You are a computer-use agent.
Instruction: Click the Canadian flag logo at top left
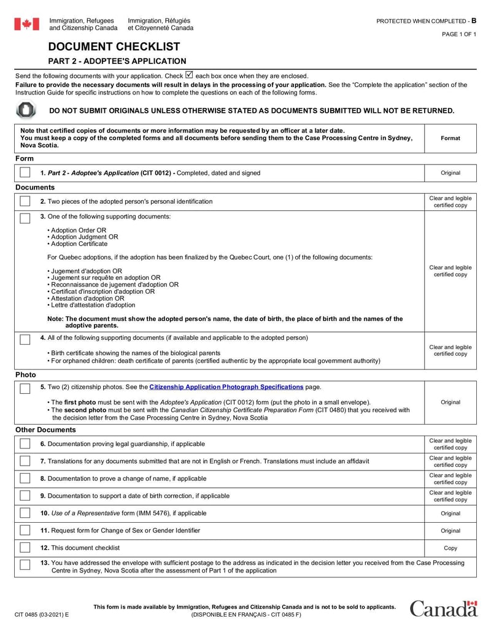[x=27, y=24]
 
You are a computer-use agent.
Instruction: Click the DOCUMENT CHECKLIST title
[x=114, y=47]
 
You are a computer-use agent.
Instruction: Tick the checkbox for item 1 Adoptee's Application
[x=25, y=173]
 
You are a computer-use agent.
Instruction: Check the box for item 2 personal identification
[x=25, y=201]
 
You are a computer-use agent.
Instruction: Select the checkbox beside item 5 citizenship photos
[x=25, y=388]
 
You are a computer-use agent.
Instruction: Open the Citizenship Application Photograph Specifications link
[x=226, y=387]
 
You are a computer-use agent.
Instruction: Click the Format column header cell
[x=450, y=138]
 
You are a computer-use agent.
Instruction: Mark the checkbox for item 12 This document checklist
[x=25, y=547]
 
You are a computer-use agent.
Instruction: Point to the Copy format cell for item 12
[x=450, y=548]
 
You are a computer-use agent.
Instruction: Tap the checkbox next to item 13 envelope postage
[x=25, y=565]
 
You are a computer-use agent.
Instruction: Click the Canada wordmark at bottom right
[x=443, y=608]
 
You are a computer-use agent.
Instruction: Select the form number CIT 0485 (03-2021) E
[x=42, y=614]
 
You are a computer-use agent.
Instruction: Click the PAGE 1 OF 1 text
[x=458, y=34]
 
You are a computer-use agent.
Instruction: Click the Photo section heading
[x=26, y=374]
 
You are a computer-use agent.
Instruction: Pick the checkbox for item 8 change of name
[x=25, y=478]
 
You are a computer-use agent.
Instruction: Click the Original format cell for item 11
[x=450, y=531]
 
